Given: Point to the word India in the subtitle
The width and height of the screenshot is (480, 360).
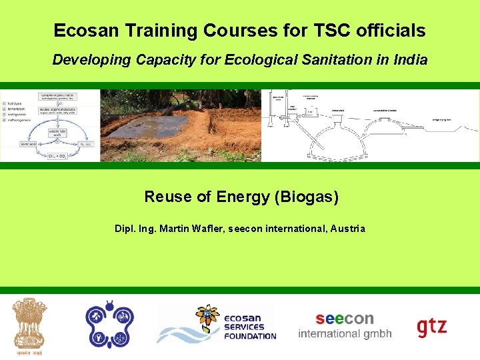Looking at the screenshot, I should click(410, 59).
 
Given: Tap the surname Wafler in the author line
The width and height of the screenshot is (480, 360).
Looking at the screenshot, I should click(206, 229).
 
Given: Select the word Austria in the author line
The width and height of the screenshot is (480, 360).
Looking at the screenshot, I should click(346, 229).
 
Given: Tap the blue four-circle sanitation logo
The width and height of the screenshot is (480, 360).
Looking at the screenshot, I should click(108, 324).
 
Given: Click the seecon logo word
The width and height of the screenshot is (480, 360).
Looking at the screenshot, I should click(345, 319).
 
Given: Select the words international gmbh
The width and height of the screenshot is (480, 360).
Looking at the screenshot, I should click(345, 334).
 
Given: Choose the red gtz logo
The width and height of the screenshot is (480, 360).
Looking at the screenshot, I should click(432, 327).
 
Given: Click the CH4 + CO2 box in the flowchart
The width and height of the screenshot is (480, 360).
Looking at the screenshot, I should click(56, 155).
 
